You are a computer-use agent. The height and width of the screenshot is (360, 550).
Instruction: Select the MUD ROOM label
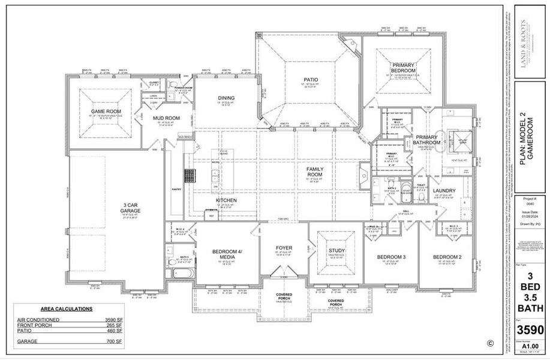[163, 118]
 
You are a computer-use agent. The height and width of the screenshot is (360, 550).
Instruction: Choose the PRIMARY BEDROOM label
[405, 68]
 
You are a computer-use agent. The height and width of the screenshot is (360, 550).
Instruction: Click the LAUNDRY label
[444, 191]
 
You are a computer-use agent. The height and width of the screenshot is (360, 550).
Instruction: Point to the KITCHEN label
[226, 200]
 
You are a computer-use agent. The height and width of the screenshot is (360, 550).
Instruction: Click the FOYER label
[284, 247]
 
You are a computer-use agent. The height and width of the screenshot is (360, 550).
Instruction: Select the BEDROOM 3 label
[392, 257]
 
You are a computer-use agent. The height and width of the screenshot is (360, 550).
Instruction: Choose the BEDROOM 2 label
[447, 257]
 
